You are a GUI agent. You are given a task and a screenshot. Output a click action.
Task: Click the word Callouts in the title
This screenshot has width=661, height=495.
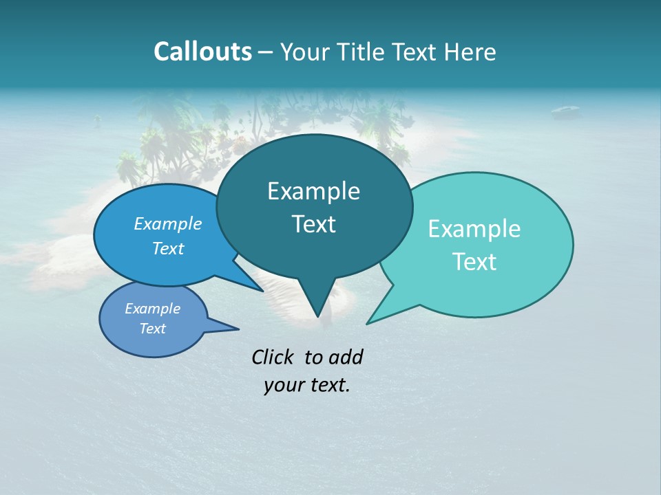tap(202, 52)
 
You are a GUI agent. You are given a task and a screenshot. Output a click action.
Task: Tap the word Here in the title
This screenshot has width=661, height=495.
tap(470, 52)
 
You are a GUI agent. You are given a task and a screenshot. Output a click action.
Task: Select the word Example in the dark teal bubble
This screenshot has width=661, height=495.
tap(313, 191)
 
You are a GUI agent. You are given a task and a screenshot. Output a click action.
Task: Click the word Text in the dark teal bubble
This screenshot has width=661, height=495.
tap(313, 224)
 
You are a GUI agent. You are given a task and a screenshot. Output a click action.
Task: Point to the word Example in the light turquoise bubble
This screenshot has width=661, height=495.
tap(474, 229)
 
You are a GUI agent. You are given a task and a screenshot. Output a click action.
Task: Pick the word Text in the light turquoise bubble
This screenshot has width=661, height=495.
tap(474, 262)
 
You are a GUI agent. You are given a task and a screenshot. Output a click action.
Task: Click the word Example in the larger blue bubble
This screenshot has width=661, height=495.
tap(168, 224)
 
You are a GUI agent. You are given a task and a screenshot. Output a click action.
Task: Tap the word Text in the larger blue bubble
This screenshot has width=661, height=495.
tap(168, 248)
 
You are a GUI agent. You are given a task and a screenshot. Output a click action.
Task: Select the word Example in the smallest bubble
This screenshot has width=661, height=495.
tap(152, 309)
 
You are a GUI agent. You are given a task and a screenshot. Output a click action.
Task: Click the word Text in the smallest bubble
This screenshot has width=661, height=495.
tap(152, 329)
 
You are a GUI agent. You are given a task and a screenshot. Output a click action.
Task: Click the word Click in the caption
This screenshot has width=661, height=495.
tap(274, 357)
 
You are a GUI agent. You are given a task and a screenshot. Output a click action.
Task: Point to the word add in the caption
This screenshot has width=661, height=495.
tap(346, 357)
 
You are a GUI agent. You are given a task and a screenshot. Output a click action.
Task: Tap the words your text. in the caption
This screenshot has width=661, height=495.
tap(307, 385)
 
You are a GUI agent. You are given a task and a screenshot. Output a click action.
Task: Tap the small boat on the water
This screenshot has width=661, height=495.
tap(565, 109)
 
